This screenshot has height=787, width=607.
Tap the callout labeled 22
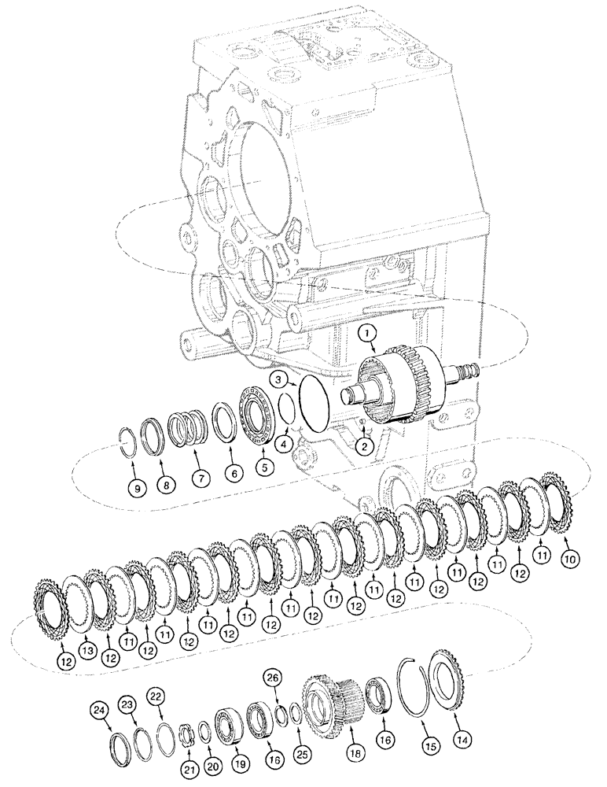pos(156,695)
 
